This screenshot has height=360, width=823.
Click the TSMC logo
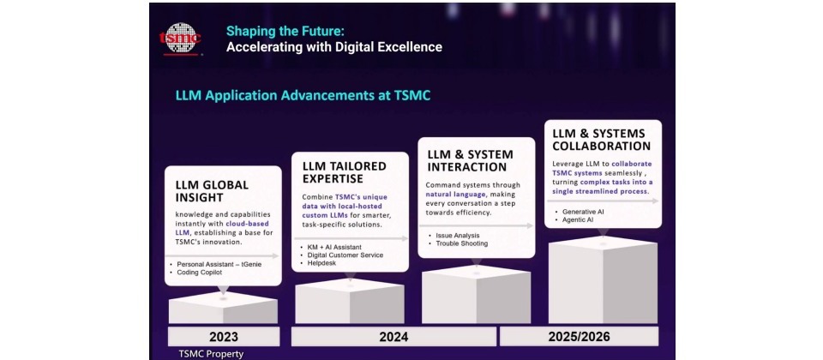tap(180, 39)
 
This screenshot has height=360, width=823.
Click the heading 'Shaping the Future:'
tap(285, 31)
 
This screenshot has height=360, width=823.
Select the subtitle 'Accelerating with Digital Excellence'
tap(334, 47)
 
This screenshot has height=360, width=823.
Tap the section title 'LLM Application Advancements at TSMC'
tap(303, 96)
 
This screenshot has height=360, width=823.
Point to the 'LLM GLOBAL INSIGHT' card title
tap(212, 191)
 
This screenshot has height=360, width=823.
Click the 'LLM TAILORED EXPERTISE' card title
tap(345, 172)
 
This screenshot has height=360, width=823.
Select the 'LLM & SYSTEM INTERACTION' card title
tap(471, 160)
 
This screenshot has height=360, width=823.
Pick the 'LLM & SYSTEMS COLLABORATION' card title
tap(602, 140)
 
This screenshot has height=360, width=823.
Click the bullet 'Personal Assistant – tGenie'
tap(219, 265)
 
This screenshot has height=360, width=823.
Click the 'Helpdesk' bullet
tap(321, 263)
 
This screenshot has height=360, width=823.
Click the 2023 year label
tap(224, 337)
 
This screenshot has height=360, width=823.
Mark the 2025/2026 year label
tap(579, 336)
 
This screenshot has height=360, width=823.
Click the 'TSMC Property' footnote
tap(211, 354)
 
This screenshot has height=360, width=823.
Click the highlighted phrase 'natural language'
tap(449, 195)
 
